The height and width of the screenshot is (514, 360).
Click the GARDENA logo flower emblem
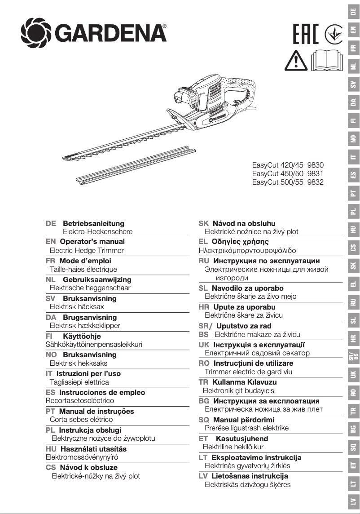click(35, 32)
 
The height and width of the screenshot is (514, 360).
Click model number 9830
click(316, 165)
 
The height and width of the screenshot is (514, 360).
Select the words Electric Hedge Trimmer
click(87, 250)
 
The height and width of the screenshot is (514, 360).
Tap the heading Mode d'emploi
click(85, 261)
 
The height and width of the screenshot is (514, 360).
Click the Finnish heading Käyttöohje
click(82, 336)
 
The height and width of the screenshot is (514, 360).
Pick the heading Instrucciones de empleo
click(102, 392)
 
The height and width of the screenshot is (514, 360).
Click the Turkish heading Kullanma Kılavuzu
click(244, 382)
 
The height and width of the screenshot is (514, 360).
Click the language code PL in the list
click(51, 430)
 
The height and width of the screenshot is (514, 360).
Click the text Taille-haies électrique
click(83, 269)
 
